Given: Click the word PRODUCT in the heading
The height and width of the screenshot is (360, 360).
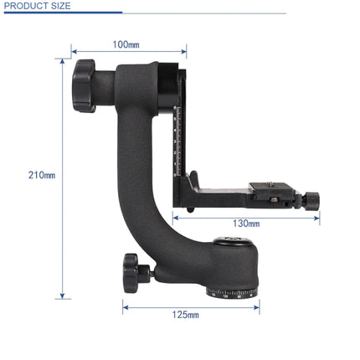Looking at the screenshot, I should [x=25, y=6].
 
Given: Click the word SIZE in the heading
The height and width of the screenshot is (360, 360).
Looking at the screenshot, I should [x=60, y=6].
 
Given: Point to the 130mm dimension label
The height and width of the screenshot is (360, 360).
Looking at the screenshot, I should [x=246, y=224].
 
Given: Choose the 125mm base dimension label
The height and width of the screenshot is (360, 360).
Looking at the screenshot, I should [x=188, y=315].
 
